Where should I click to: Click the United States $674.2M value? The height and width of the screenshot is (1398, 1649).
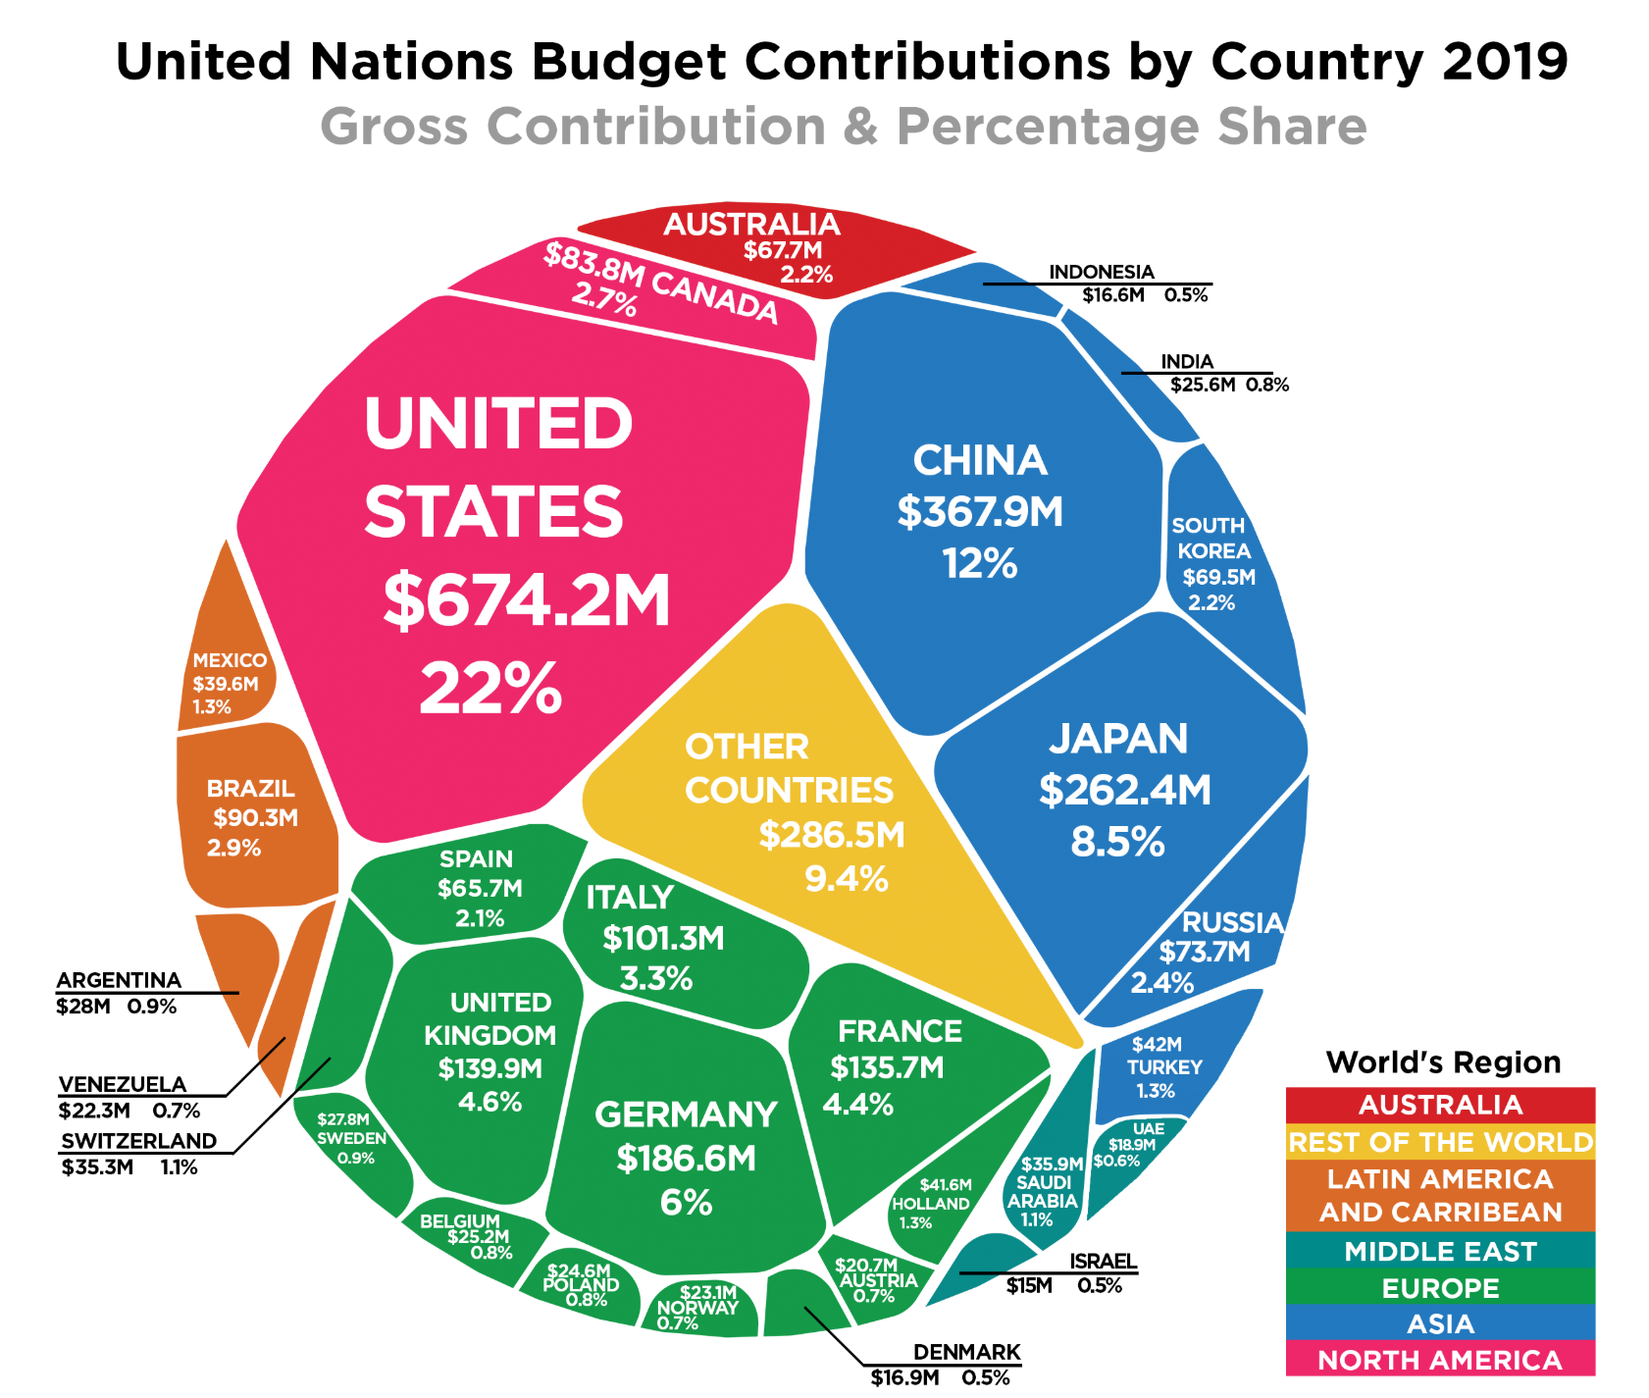click(527, 600)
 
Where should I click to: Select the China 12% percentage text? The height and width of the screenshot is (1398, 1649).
click(980, 564)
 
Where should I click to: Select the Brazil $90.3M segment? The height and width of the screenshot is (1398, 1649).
click(253, 817)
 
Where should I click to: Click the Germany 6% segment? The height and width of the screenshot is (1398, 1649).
click(686, 1158)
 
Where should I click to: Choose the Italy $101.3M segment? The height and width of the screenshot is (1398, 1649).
click(663, 938)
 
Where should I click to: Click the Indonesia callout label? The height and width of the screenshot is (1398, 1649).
click(1102, 272)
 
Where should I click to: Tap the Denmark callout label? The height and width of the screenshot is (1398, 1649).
click(966, 1353)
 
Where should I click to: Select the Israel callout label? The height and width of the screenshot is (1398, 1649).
click(1102, 1262)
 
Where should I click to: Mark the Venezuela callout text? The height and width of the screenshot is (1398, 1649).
click(123, 1084)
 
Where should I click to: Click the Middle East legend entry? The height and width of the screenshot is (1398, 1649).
click(1440, 1251)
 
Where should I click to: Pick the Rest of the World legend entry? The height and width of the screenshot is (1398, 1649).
click(1440, 1142)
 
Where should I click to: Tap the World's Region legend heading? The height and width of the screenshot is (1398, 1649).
click(1442, 1062)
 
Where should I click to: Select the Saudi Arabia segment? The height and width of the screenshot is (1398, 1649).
click(1043, 1191)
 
